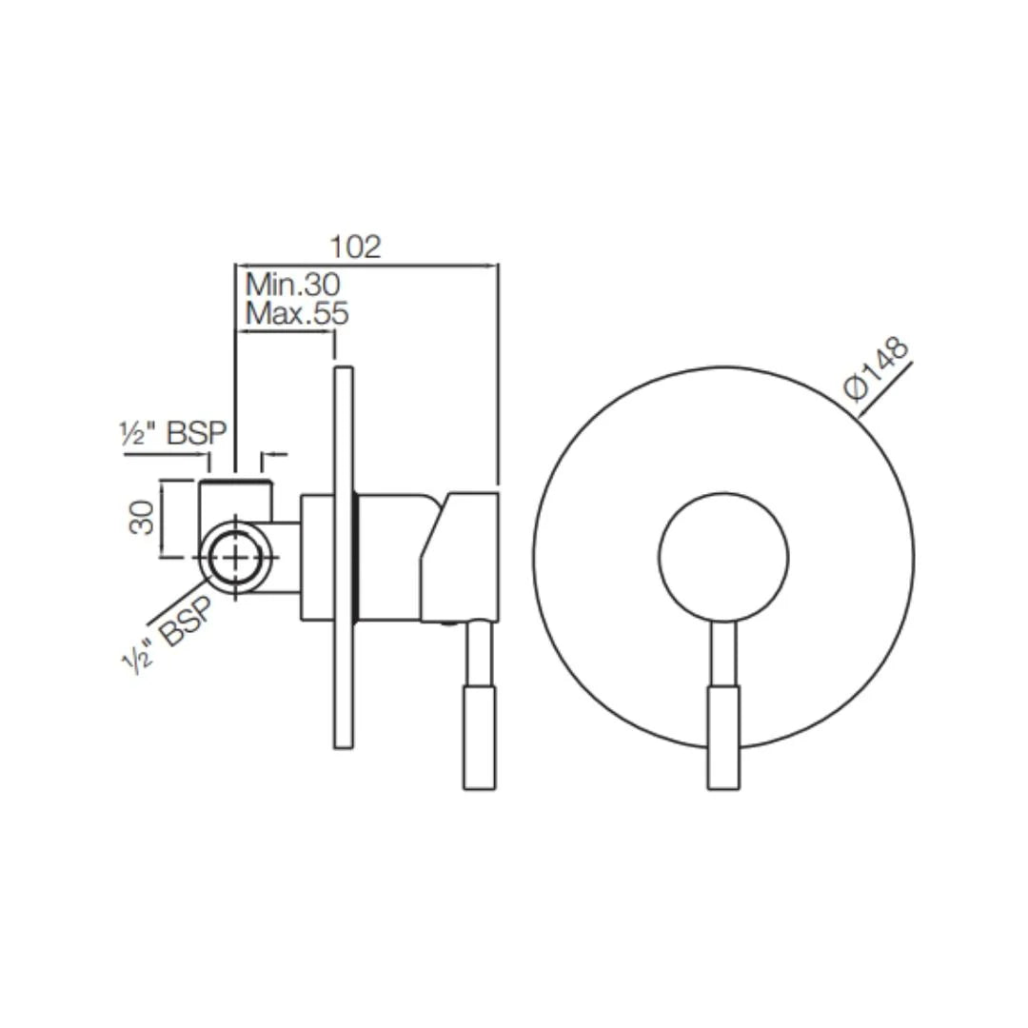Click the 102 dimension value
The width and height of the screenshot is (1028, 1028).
point(355,247)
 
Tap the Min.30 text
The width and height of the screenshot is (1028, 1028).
point(293,284)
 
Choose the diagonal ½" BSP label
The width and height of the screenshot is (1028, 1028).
point(168,639)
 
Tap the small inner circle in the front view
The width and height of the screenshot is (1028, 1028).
point(723,557)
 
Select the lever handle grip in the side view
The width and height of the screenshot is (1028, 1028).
point(479,737)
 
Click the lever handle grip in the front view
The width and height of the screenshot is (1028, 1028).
point(723,737)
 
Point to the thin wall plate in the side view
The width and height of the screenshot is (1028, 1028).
point(344,557)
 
